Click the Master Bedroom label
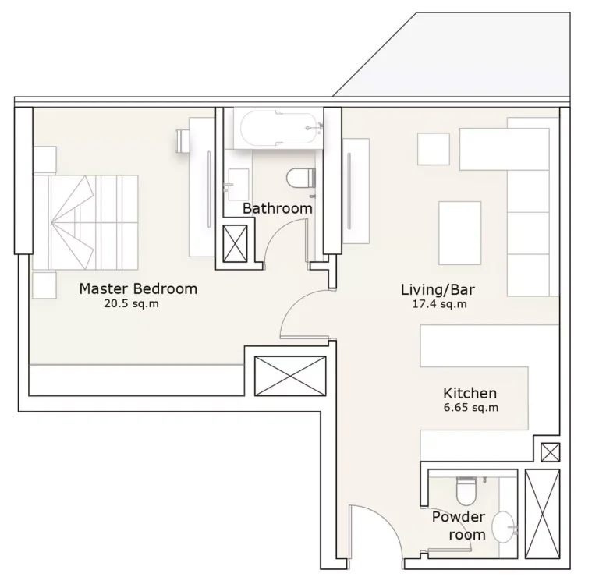coord(138,288)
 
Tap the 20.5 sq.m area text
coord(131,304)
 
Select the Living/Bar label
coord(438,289)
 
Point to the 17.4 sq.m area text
coord(440,304)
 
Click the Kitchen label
coord(470,393)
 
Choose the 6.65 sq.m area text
coord(471,408)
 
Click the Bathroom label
coord(278,208)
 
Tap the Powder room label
coord(459,526)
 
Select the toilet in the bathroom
coord(301,179)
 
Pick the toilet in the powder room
coord(466,490)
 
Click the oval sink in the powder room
coord(503,528)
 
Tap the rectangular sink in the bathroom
coord(237,184)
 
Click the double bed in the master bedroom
coord(86,223)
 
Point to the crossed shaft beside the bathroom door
coord(235,244)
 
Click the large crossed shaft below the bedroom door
coord(290,377)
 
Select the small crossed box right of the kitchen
coord(551,452)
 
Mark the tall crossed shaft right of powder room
coord(543,514)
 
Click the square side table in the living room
coord(434,149)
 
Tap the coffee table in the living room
coord(460,233)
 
